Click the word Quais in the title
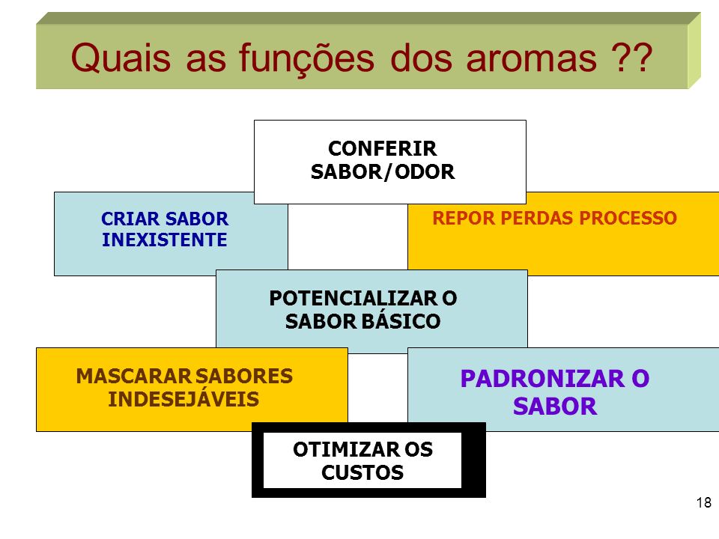pyautogui.click(x=121, y=58)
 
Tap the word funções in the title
pyautogui.click(x=306, y=58)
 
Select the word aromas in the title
pyautogui.click(x=532, y=59)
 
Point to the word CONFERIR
pyautogui.click(x=383, y=148)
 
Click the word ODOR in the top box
pyautogui.click(x=425, y=172)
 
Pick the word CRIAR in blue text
pyautogui.click(x=130, y=219)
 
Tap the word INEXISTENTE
pyautogui.click(x=165, y=240)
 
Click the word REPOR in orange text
pyautogui.click(x=464, y=218)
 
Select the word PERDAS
pyautogui.click(x=537, y=218)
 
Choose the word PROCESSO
pyautogui.click(x=628, y=218)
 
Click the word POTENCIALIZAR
pyautogui.click(x=353, y=299)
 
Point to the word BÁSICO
pyautogui.click(x=401, y=321)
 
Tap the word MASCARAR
pyautogui.click(x=133, y=377)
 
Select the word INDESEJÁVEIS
pyautogui.click(x=183, y=398)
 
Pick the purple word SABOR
pyautogui.click(x=555, y=406)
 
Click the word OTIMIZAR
pyautogui.click(x=346, y=450)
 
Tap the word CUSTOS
pyautogui.click(x=362, y=472)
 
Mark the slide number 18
pyautogui.click(x=704, y=503)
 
